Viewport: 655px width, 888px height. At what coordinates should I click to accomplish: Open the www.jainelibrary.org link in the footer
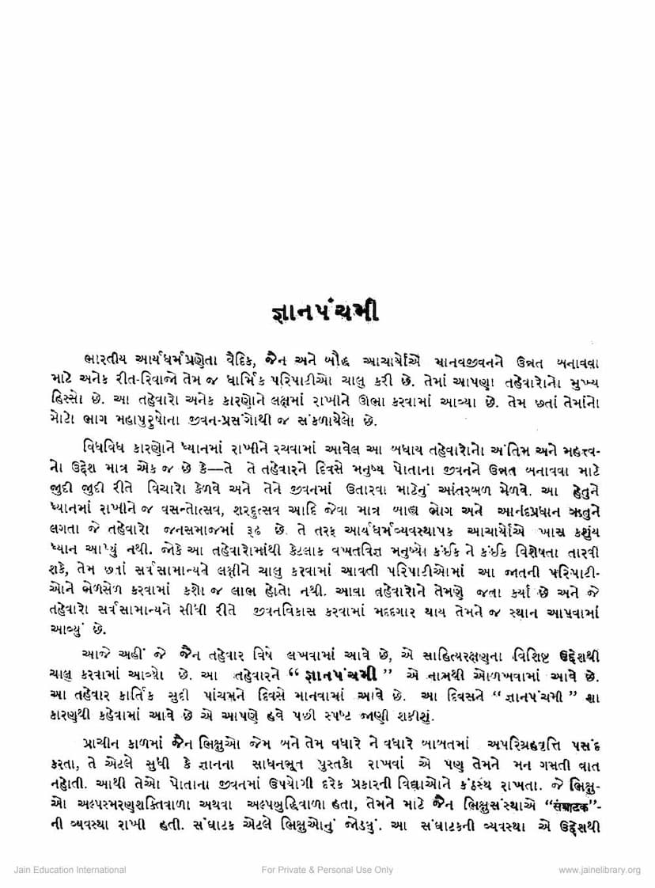click(x=599, y=871)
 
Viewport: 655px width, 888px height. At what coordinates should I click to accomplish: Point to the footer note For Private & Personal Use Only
click(x=327, y=871)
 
